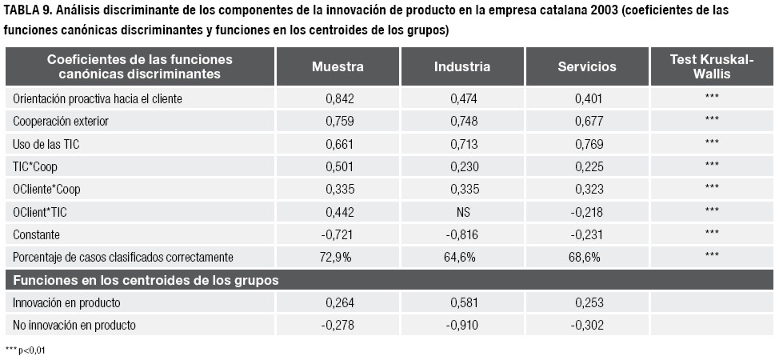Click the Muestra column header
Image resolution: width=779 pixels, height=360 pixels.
point(338,67)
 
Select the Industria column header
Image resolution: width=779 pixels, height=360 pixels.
point(462,67)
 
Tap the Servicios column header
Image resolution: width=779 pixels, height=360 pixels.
point(587,67)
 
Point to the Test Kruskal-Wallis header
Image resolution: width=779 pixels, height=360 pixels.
point(712,67)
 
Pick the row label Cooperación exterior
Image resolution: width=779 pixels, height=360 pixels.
point(61,122)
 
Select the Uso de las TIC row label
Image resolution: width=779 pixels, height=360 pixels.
point(46,145)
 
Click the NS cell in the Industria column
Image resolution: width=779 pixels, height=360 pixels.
point(463,212)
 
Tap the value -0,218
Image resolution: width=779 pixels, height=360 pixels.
point(587,212)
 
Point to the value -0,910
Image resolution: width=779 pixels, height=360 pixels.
point(462,326)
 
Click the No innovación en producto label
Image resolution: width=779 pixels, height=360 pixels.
point(74,326)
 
